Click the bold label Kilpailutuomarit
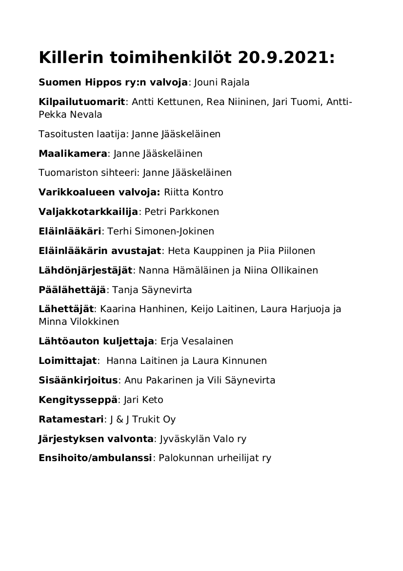82,102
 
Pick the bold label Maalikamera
73,153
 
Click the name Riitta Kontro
194,192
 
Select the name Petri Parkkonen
181,211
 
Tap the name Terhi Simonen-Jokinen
161,231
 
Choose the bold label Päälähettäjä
72,290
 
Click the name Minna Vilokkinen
79,322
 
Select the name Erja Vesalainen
197,341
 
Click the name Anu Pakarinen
156,380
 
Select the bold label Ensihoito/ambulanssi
95,458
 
